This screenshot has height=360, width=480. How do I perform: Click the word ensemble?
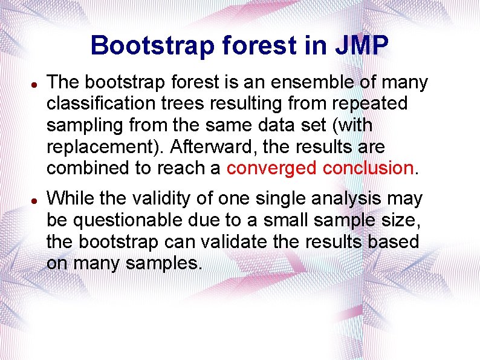pyautogui.click(x=297, y=82)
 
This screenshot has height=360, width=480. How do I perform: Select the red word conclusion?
pyautogui.click(x=368, y=168)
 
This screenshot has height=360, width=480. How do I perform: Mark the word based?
pyautogui.click(x=395, y=241)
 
